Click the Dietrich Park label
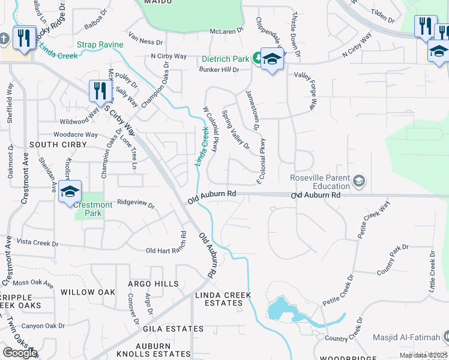click(x=225, y=58)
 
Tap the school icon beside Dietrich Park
click(x=272, y=60)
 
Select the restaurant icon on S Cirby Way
click(x=98, y=91)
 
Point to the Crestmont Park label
click(x=93, y=209)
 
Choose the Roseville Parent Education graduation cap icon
click(x=359, y=181)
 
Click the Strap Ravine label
click(x=100, y=44)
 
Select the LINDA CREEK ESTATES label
click(x=222, y=299)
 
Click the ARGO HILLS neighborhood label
click(x=153, y=284)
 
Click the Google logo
click(x=19, y=353)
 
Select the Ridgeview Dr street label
click(x=136, y=203)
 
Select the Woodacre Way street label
click(x=76, y=134)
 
